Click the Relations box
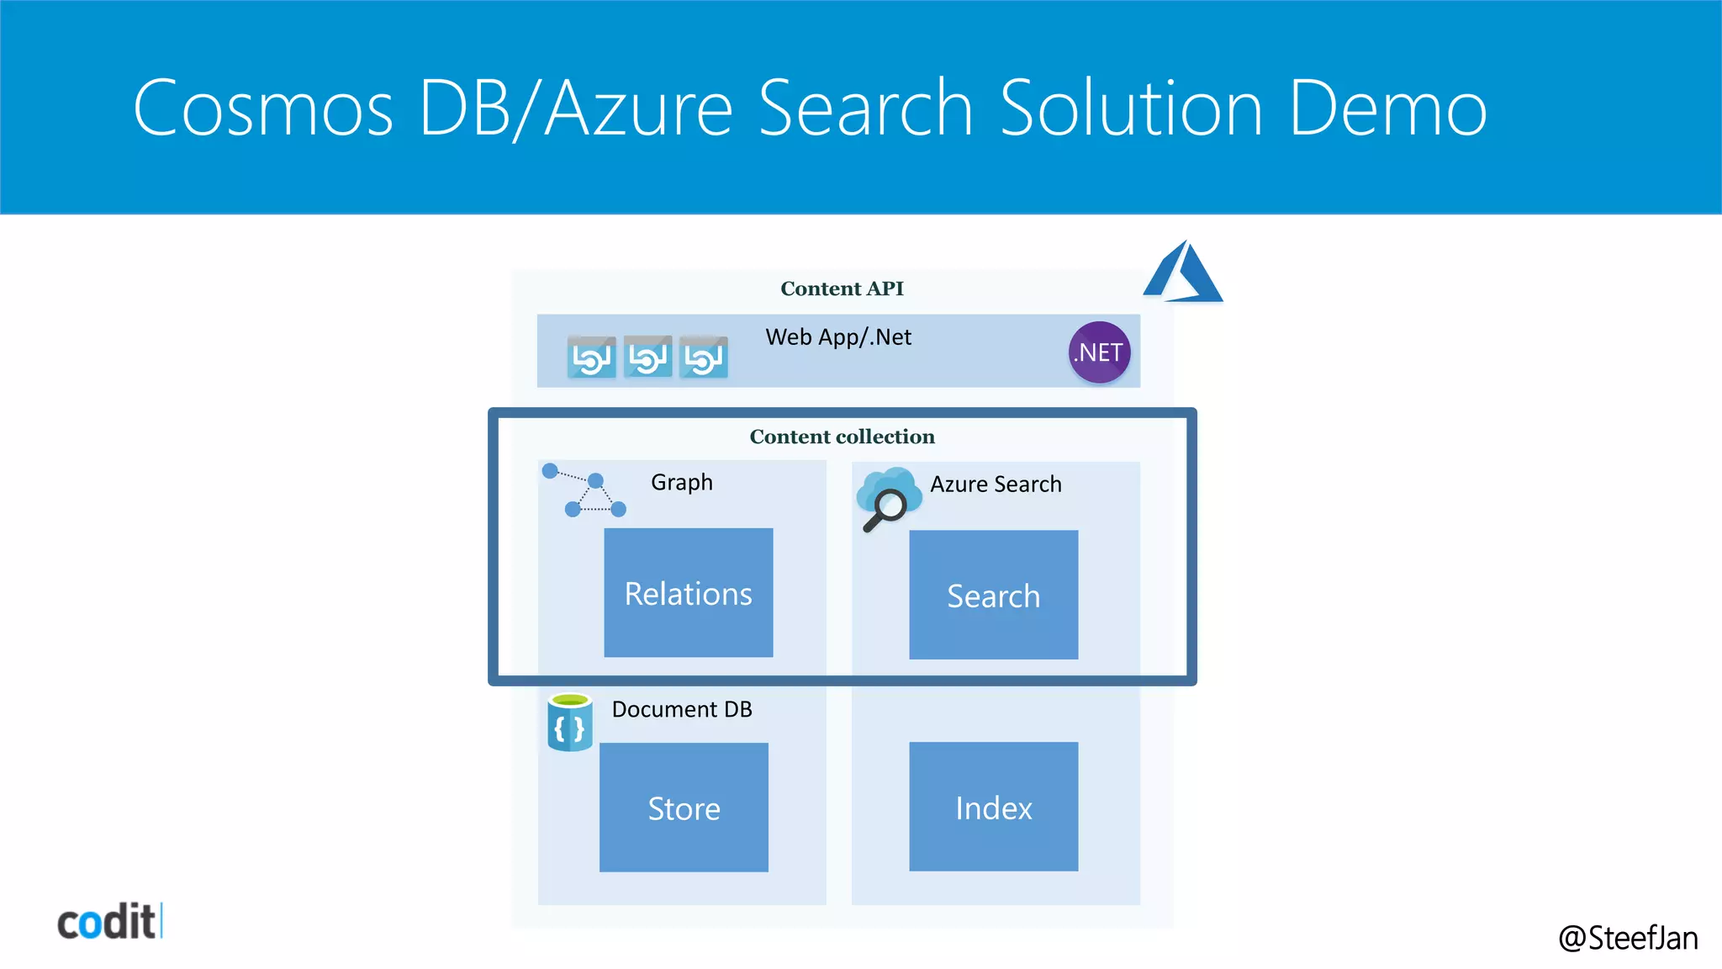pyautogui.click(x=688, y=593)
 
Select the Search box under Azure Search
pyautogui.click(x=993, y=595)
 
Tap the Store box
pyautogui.click(x=684, y=807)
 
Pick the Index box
pyautogui.click(x=993, y=807)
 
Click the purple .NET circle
pyautogui.click(x=1099, y=352)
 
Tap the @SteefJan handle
pyautogui.click(x=1628, y=938)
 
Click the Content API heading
pyautogui.click(x=842, y=289)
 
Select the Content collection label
pyautogui.click(x=842, y=437)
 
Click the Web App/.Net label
pyautogui.click(x=838, y=337)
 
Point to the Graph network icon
pyautogui.click(x=584, y=490)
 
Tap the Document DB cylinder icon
pyautogui.click(x=570, y=723)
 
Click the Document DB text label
pyautogui.click(x=682, y=709)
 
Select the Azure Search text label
pyautogui.click(x=996, y=484)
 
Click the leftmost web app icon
pyautogui.click(x=591, y=357)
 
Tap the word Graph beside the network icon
pyautogui.click(x=682, y=482)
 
